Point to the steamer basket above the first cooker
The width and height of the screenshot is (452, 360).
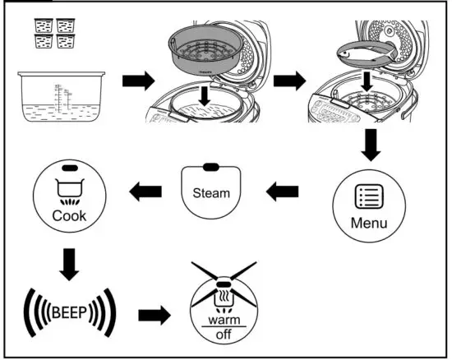pyautogui.click(x=206, y=51)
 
